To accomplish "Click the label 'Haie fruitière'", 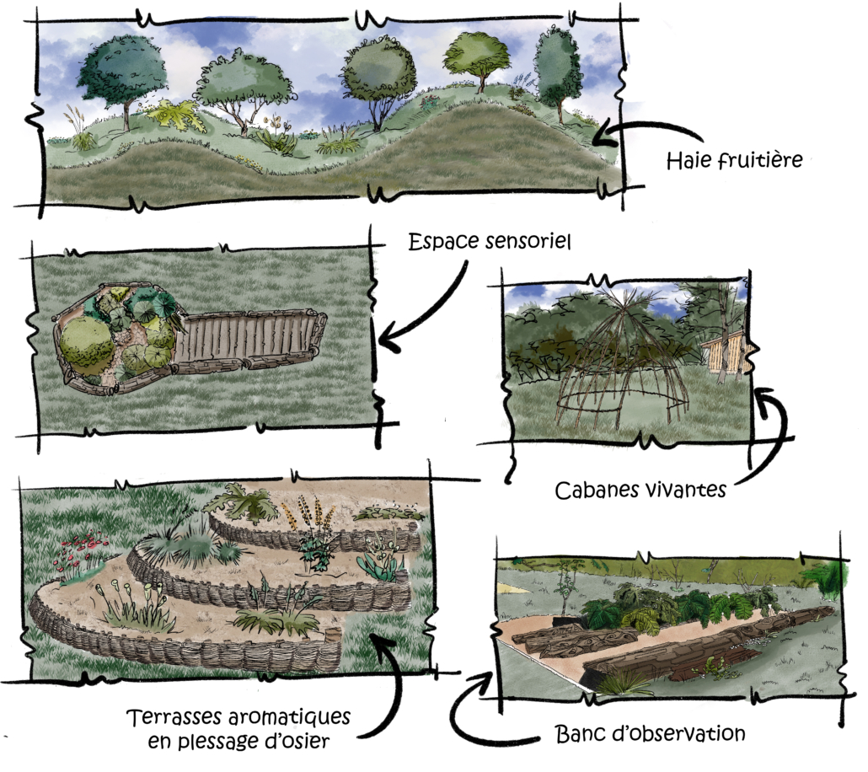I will pyautogui.click(x=734, y=159).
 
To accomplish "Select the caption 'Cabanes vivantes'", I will pyautogui.click(x=640, y=489).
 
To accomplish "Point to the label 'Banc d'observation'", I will pyautogui.click(x=650, y=733).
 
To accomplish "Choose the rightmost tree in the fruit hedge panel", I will pyautogui.click(x=557, y=67).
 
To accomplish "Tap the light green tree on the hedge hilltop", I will pyautogui.click(x=476, y=56).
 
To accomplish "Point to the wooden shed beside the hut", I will pyautogui.click(x=725, y=352).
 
